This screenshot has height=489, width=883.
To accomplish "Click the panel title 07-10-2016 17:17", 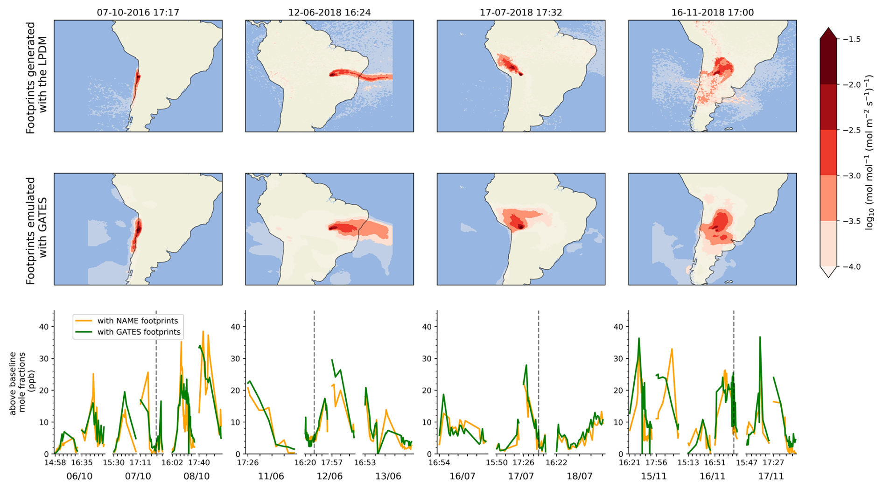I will click(x=138, y=13).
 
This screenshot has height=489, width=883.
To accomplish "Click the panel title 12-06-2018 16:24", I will click(x=329, y=13).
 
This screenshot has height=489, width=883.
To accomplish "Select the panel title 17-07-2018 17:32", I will click(x=521, y=13).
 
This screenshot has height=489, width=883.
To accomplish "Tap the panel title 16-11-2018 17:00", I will click(x=712, y=13).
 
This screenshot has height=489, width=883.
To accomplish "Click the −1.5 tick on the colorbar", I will click(x=852, y=39).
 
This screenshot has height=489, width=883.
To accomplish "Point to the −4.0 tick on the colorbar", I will click(x=852, y=267).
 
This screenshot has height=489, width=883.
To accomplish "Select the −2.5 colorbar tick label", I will click(x=852, y=130).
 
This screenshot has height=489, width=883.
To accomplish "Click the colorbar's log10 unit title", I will click(x=869, y=153).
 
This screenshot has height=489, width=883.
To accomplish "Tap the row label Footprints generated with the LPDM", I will click(x=36, y=77).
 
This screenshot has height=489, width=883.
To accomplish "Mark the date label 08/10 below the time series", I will click(x=196, y=476).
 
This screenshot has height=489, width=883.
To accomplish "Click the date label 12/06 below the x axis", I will click(x=329, y=476).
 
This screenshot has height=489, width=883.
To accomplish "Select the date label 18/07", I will click(x=580, y=476).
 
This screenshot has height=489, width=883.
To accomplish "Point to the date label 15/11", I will click(x=654, y=476).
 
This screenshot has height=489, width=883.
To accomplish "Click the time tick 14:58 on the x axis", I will click(x=55, y=463).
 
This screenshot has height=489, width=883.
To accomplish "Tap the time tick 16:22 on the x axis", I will click(x=556, y=463).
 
